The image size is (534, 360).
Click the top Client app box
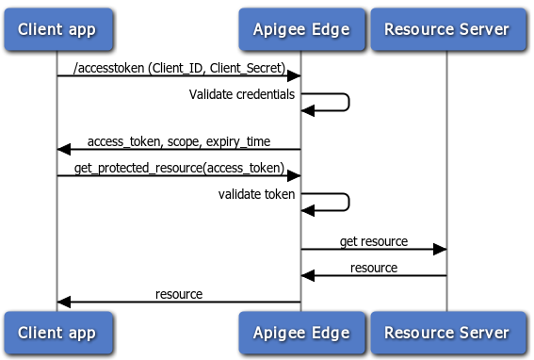tap(57, 29)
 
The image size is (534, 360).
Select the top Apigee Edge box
tap(300, 29)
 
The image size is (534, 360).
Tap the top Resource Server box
tap(446, 29)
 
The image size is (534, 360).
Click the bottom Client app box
tap(57, 333)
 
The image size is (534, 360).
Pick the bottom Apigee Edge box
tap(300, 333)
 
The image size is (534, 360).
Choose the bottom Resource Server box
tap(446, 333)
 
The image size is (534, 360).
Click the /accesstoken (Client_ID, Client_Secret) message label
tap(179, 67)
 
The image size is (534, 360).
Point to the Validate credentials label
tap(242, 94)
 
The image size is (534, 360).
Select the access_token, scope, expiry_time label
tap(179, 141)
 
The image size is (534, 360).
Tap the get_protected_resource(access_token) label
tap(179, 168)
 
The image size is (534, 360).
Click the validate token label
tap(257, 194)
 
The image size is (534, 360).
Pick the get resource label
tap(374, 241)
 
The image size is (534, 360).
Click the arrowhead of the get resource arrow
tap(440, 249)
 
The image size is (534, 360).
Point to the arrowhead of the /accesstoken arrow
tap(294, 75)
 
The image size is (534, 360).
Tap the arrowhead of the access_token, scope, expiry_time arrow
tap(64, 149)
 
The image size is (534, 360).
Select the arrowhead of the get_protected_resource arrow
tap(294, 175)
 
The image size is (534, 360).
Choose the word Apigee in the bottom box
tap(282, 333)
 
